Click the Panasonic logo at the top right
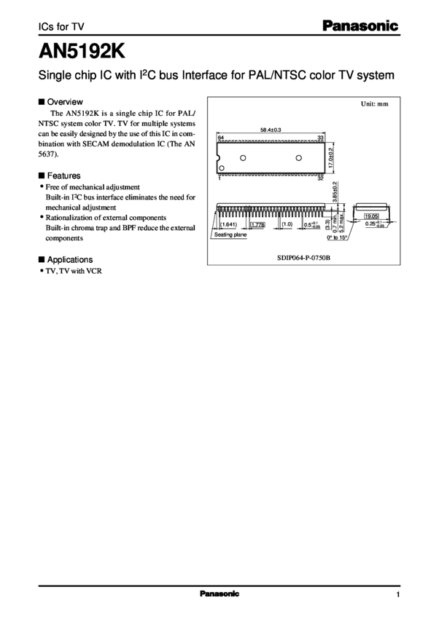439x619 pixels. click(360, 26)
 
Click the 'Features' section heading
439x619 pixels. click(63, 176)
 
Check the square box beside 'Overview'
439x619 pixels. click(40, 101)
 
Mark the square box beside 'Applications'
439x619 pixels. click(40, 259)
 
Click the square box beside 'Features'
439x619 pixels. click(40, 176)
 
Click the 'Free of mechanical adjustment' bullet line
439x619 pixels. click(90, 187)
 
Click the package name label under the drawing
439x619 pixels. click(303, 256)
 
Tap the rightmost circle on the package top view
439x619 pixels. click(298, 158)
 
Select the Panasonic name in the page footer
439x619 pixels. click(219, 594)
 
